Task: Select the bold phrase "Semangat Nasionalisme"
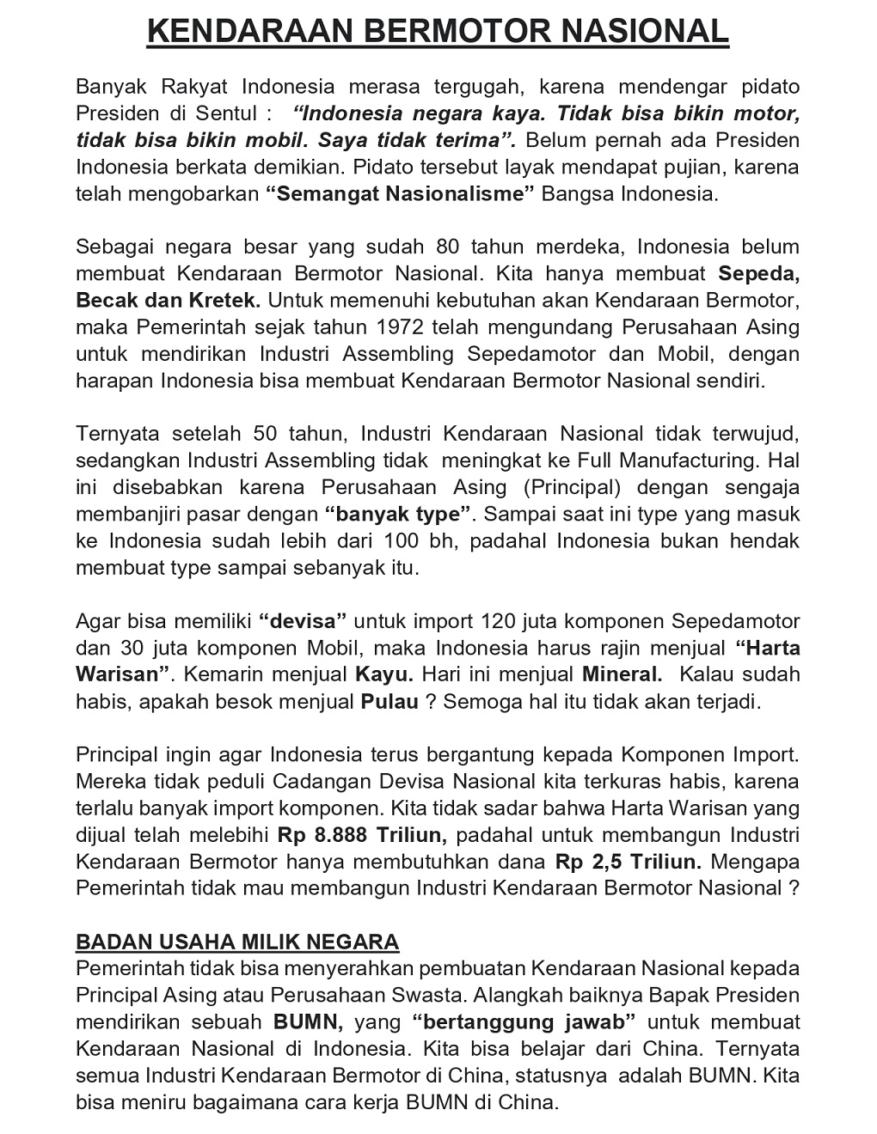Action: [x=400, y=193]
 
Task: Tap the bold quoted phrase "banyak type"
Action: [x=399, y=515]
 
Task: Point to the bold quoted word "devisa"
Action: [x=303, y=621]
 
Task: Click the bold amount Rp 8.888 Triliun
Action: [x=361, y=835]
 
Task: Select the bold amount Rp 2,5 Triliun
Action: [x=629, y=862]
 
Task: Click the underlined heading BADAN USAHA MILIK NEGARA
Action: [x=237, y=942]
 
